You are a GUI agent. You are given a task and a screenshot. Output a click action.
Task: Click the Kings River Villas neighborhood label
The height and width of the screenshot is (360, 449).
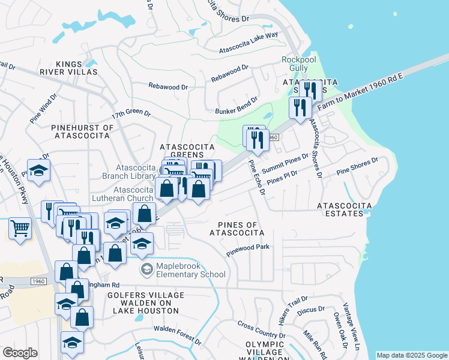[x=76, y=68]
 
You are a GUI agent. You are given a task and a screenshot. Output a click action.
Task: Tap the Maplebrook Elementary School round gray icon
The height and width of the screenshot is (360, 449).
[x=146, y=269]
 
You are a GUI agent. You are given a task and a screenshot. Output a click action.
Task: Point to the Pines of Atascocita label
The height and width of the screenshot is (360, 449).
[x=237, y=228]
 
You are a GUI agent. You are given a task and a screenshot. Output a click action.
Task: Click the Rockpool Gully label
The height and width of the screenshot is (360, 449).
[x=295, y=64]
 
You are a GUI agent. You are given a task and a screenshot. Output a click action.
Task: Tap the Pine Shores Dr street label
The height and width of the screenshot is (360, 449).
[x=357, y=166]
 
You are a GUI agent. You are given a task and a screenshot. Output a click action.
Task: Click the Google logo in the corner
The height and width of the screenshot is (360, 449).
[x=20, y=353]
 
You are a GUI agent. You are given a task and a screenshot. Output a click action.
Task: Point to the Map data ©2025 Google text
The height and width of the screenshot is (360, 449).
[x=412, y=355]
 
